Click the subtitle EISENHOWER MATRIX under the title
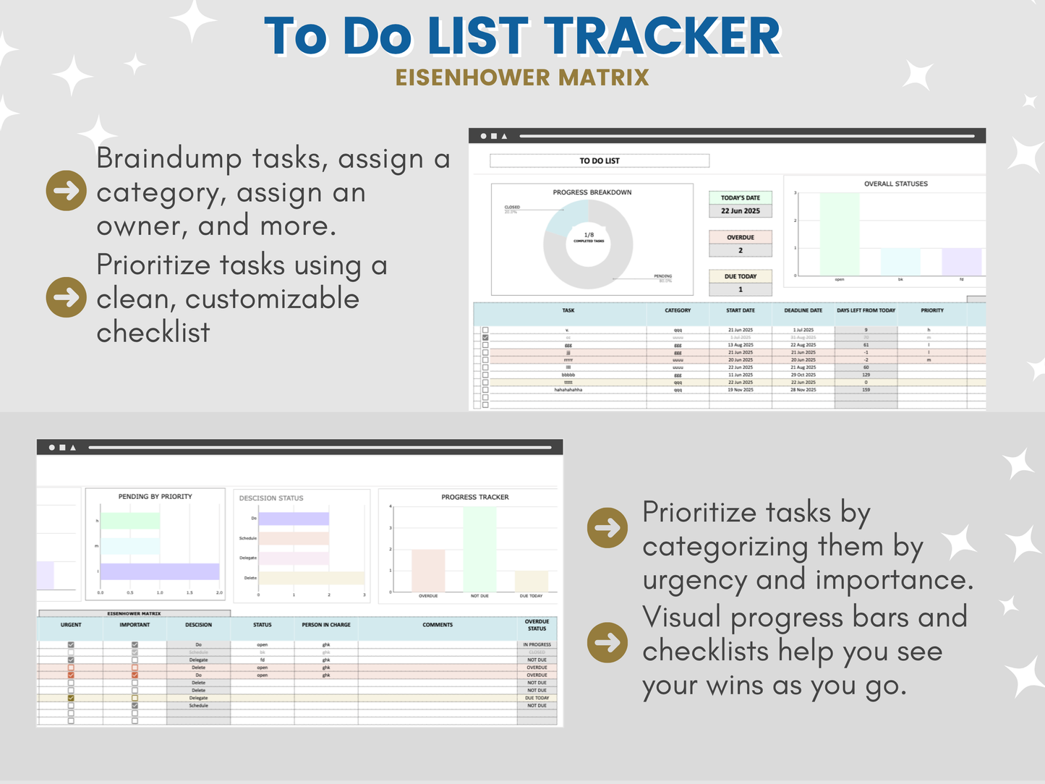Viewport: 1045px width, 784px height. tap(522, 77)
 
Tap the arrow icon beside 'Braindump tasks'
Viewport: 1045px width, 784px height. tap(66, 191)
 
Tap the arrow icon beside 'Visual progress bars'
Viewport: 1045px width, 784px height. tap(607, 642)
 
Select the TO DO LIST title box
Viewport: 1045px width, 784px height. tap(600, 161)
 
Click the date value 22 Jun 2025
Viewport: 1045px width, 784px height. tap(741, 211)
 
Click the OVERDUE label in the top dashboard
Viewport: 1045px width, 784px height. tap(741, 237)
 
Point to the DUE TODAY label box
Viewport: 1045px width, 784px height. tap(741, 276)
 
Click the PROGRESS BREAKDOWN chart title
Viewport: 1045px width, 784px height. tap(592, 192)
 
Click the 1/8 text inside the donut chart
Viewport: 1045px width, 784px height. tap(589, 235)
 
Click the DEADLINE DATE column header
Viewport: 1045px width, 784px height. tap(803, 310)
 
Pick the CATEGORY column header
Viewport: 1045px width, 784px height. tap(678, 310)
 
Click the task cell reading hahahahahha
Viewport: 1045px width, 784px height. tap(568, 390)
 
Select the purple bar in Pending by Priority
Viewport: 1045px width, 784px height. tap(159, 571)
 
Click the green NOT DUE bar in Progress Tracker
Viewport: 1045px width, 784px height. tap(479, 549)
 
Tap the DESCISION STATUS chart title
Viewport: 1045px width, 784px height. tap(271, 498)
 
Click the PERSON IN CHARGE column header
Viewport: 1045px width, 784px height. tap(326, 625)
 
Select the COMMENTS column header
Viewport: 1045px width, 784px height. tap(438, 625)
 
